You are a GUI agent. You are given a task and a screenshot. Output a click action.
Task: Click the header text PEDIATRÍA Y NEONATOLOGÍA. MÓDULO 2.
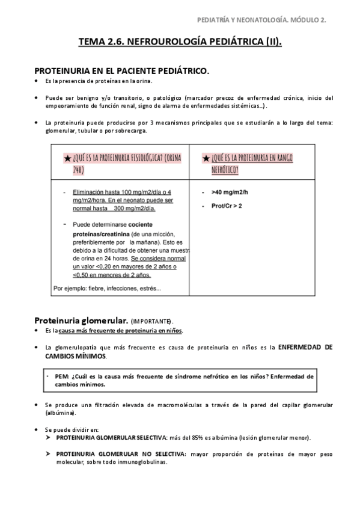262,20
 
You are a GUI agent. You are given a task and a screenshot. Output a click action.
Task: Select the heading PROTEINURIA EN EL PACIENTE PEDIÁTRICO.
121,71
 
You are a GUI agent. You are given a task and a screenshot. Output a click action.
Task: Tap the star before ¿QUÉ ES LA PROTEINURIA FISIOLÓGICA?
67,158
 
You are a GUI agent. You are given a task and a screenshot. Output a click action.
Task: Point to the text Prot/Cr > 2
228,206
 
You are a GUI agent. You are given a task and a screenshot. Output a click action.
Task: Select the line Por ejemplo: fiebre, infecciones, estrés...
107,288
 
